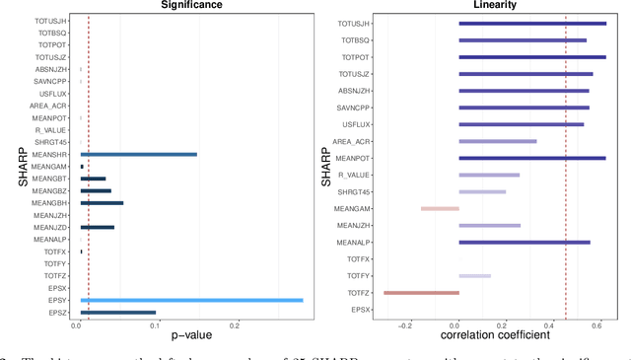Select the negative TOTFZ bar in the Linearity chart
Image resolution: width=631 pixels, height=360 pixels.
pos(421,293)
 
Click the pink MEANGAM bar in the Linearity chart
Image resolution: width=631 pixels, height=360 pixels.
pos(440,208)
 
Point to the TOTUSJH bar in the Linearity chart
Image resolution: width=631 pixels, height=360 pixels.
pos(532,23)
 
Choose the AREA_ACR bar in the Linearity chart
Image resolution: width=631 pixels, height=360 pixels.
pos(498,141)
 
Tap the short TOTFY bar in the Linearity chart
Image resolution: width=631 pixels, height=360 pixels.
pos(474,276)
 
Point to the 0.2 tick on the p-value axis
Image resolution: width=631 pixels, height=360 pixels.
pos(235,324)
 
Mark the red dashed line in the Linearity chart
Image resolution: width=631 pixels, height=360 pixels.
pos(565,168)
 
